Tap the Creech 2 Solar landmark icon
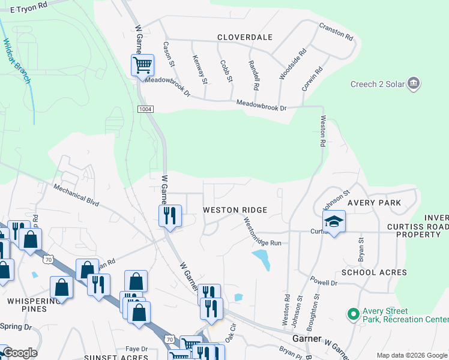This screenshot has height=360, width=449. click(413, 83)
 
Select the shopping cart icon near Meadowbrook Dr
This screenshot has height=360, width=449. click(143, 64)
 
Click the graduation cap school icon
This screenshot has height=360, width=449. click(334, 222)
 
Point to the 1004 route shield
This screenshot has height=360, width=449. click(144, 109)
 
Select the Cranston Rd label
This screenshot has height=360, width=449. click(336, 31)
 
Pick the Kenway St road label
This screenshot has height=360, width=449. click(200, 69)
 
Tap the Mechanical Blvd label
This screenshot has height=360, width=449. click(76, 195)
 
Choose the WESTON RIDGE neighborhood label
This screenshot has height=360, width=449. click(235, 210)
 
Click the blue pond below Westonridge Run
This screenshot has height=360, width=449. click(261, 259)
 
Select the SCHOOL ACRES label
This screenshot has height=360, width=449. click(374, 272)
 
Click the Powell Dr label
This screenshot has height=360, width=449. click(323, 280)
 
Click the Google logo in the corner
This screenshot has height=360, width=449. click(19, 353)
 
